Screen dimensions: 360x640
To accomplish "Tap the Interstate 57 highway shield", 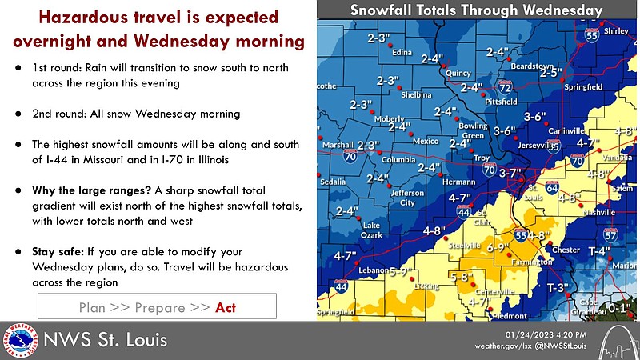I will pyautogui.click(x=611, y=235).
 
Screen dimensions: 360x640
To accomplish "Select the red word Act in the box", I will pyautogui.click(x=226, y=307).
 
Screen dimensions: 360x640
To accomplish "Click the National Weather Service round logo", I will pyautogui.click(x=20, y=340).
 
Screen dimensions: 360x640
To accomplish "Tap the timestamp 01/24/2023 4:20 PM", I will pyautogui.click(x=551, y=334).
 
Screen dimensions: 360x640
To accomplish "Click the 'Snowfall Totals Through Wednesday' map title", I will pyautogui.click(x=478, y=10).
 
